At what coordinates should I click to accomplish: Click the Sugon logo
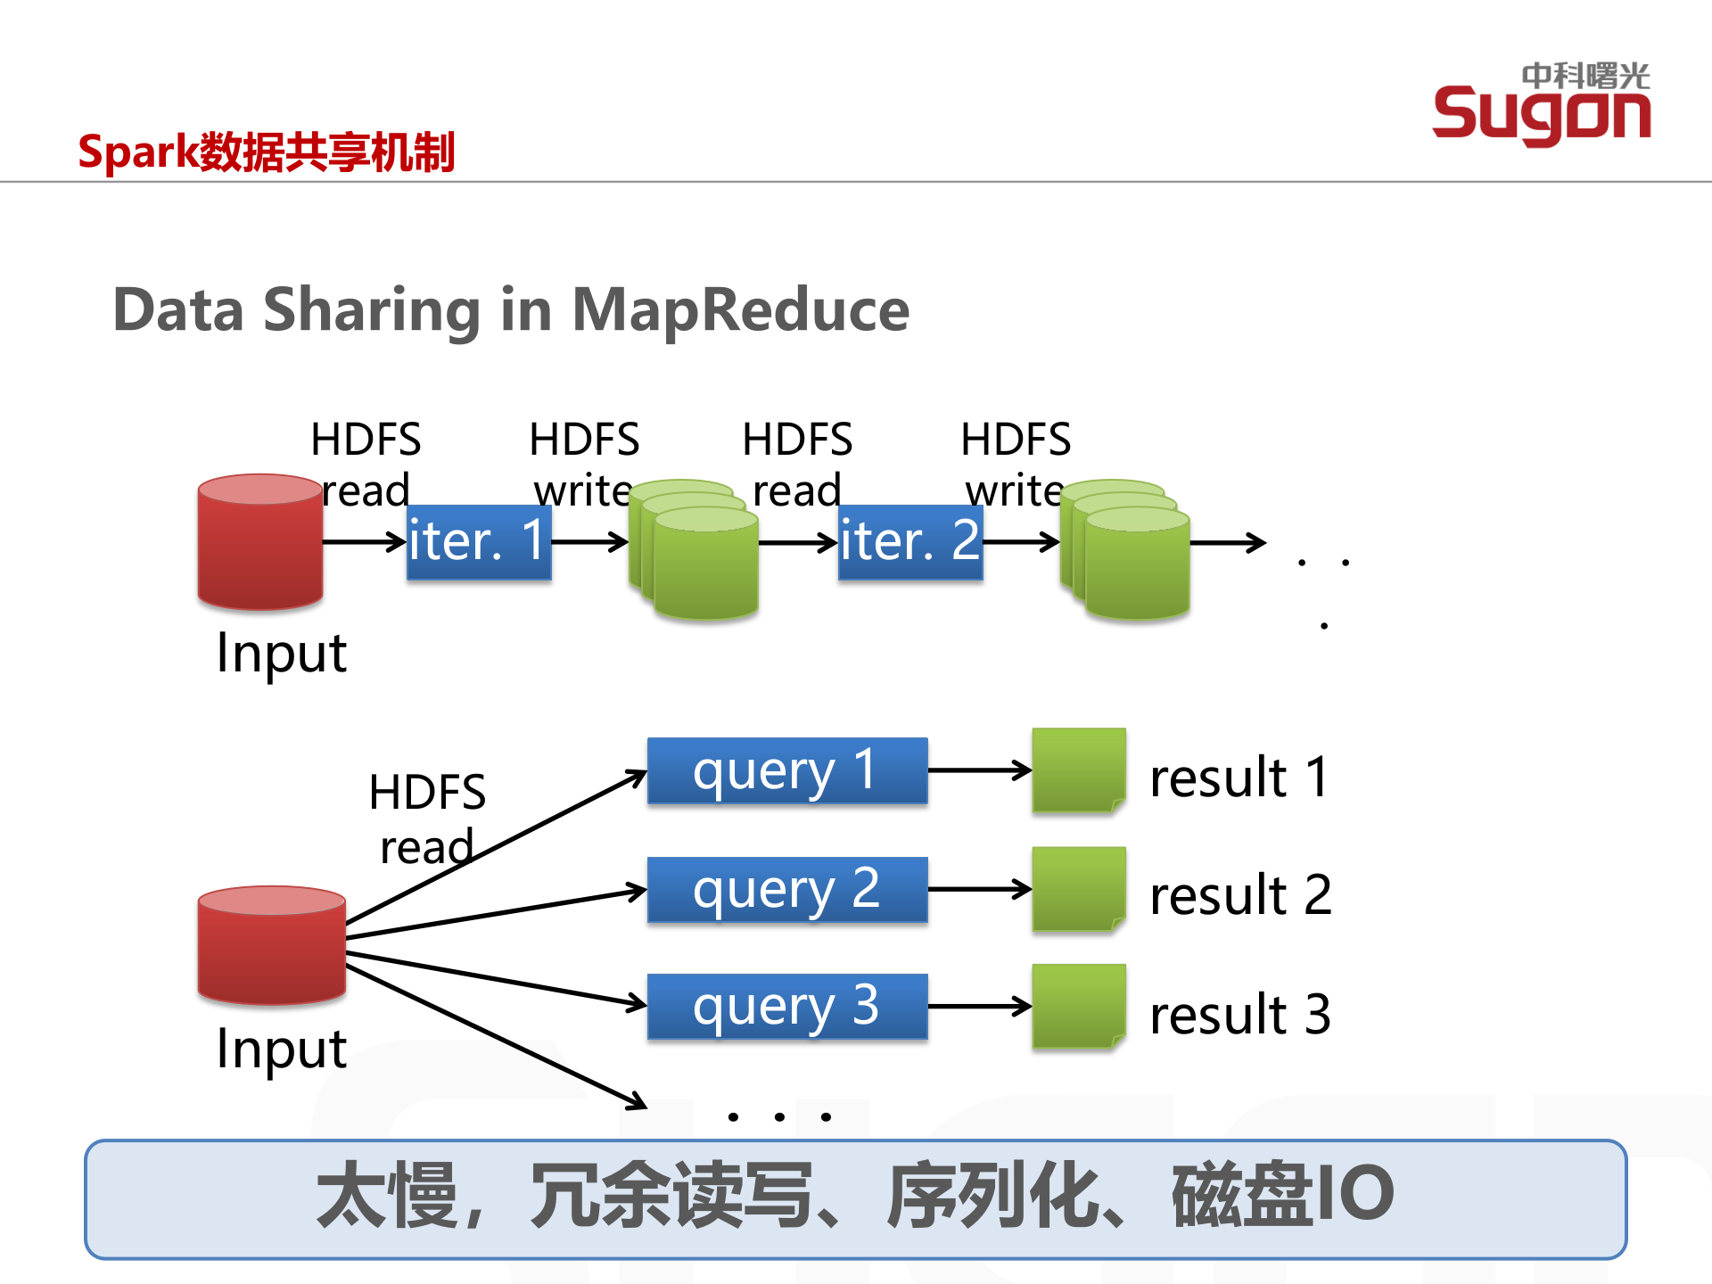(1541, 105)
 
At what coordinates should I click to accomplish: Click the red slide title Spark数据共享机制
(266, 152)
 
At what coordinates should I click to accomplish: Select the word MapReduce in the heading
(740, 309)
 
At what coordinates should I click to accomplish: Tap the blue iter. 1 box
(479, 542)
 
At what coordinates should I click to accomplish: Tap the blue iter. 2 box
(910, 542)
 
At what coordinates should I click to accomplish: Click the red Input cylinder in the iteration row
(259, 542)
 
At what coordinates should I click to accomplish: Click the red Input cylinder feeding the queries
(271, 945)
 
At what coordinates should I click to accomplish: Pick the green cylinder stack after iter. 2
(1126, 550)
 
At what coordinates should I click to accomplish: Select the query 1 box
(786, 770)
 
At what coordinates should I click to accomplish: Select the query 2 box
(786, 889)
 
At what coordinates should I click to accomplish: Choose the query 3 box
(786, 1006)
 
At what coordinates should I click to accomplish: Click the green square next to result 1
(1078, 770)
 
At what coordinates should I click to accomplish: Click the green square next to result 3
(1078, 1006)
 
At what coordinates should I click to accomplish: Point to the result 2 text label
(1239, 894)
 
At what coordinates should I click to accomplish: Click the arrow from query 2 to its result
(978, 889)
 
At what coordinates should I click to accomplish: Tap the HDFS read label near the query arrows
(426, 818)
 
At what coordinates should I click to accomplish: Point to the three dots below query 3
(779, 1116)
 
